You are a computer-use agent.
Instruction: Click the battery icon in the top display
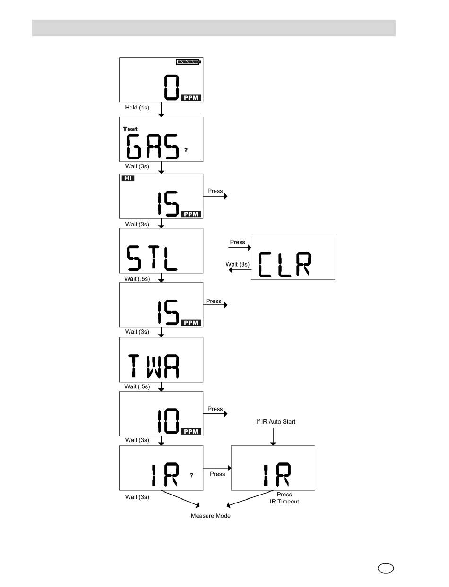pyautogui.click(x=189, y=62)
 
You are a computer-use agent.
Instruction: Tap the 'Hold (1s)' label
pyautogui.click(x=137, y=108)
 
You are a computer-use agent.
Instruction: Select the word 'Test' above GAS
pyautogui.click(x=130, y=129)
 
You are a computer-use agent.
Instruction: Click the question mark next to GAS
pyautogui.click(x=186, y=150)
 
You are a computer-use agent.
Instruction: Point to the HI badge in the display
pyautogui.click(x=128, y=178)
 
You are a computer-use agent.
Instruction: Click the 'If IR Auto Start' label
pyautogui.click(x=276, y=422)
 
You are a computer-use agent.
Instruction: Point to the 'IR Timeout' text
pyautogui.click(x=285, y=502)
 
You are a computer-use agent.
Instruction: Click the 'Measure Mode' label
pyautogui.click(x=211, y=516)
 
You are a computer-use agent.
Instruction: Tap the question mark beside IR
pyautogui.click(x=192, y=475)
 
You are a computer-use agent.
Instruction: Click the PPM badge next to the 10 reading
pyautogui.click(x=191, y=431)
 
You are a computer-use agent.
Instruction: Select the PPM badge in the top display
pyautogui.click(x=191, y=98)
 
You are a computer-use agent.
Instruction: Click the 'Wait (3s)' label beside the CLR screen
pyautogui.click(x=237, y=264)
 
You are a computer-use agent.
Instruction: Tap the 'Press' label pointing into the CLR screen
pyautogui.click(x=237, y=242)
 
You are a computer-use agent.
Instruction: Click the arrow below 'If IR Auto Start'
pyautogui.click(x=273, y=436)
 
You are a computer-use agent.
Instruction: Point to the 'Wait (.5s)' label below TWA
pyautogui.click(x=137, y=386)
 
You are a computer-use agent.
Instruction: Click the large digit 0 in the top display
pyautogui.click(x=172, y=87)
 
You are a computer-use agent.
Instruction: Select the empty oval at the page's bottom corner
pyautogui.click(x=386, y=568)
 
